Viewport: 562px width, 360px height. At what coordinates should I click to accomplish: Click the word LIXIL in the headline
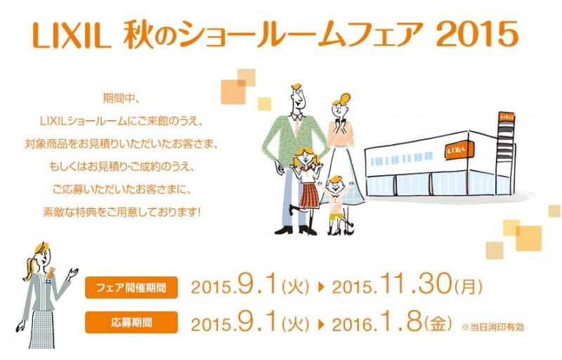click(72, 36)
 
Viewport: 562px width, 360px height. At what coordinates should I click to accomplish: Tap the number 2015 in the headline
click(478, 34)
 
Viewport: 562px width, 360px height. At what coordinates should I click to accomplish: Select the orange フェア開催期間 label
click(131, 288)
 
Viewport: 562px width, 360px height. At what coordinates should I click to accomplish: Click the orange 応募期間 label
click(131, 322)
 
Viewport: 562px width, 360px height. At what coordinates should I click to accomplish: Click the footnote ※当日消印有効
click(492, 327)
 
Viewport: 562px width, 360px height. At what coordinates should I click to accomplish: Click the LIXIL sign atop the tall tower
click(507, 117)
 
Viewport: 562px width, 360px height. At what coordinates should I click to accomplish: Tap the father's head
click(297, 98)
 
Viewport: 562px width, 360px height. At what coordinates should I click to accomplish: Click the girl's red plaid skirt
click(309, 195)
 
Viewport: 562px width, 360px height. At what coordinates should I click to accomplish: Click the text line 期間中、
click(119, 98)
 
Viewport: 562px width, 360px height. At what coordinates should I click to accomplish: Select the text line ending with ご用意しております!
click(121, 212)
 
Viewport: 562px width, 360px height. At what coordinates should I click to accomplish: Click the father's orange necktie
click(296, 128)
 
